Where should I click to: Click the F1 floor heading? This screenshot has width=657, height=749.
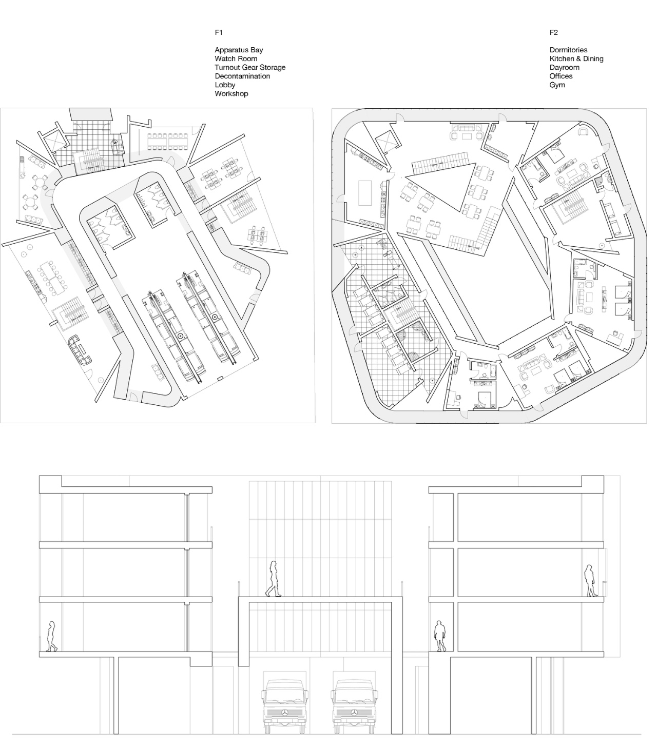coord(219,32)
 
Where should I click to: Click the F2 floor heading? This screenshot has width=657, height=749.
coord(553,32)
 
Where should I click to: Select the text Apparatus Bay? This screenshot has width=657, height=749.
coord(239,50)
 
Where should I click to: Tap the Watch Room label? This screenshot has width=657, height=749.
coord(236,58)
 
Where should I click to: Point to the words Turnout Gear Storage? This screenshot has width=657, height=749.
coord(250,67)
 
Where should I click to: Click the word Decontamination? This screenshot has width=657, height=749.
coord(242,76)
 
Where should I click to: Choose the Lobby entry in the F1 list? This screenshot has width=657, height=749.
coord(224,85)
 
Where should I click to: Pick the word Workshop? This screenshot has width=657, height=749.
coord(231,93)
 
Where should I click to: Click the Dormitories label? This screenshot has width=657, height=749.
coord(568,50)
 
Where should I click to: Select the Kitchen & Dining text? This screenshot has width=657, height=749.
coord(576,58)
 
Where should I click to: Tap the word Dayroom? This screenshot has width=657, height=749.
coord(564,67)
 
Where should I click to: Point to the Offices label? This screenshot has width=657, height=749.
coord(561,76)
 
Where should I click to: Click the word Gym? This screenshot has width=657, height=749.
coord(557,85)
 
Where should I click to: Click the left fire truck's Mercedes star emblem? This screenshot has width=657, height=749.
coord(284,713)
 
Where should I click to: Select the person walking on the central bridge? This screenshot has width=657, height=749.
coord(273,579)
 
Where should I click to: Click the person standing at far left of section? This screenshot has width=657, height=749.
coord(51,636)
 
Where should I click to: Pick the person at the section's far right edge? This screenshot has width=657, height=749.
coord(590,581)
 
